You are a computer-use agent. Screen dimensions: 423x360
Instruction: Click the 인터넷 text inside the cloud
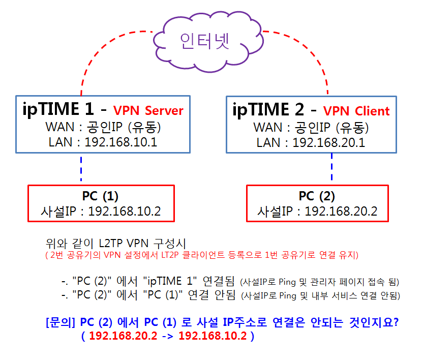point(205,41)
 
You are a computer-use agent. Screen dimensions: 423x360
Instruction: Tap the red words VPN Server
point(148,111)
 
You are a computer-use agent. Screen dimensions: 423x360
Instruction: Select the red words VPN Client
point(356,111)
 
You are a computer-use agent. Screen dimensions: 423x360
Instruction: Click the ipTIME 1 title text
point(58,109)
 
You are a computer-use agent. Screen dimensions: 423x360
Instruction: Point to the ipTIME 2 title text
point(268,110)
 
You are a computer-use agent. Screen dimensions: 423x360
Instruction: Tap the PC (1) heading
point(100,196)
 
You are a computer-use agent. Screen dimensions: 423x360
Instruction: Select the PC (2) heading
point(317,196)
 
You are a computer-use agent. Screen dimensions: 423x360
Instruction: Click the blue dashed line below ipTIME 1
point(81,169)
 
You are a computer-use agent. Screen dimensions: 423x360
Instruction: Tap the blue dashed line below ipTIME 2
point(331,166)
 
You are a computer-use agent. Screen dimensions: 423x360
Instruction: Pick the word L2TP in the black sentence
point(111,244)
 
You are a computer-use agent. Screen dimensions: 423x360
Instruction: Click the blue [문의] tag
point(61,322)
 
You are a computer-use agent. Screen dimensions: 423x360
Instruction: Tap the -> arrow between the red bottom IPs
point(168,336)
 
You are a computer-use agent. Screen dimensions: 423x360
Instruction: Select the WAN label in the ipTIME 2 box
point(268,128)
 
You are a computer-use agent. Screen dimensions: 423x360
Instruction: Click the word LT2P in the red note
point(170,255)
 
